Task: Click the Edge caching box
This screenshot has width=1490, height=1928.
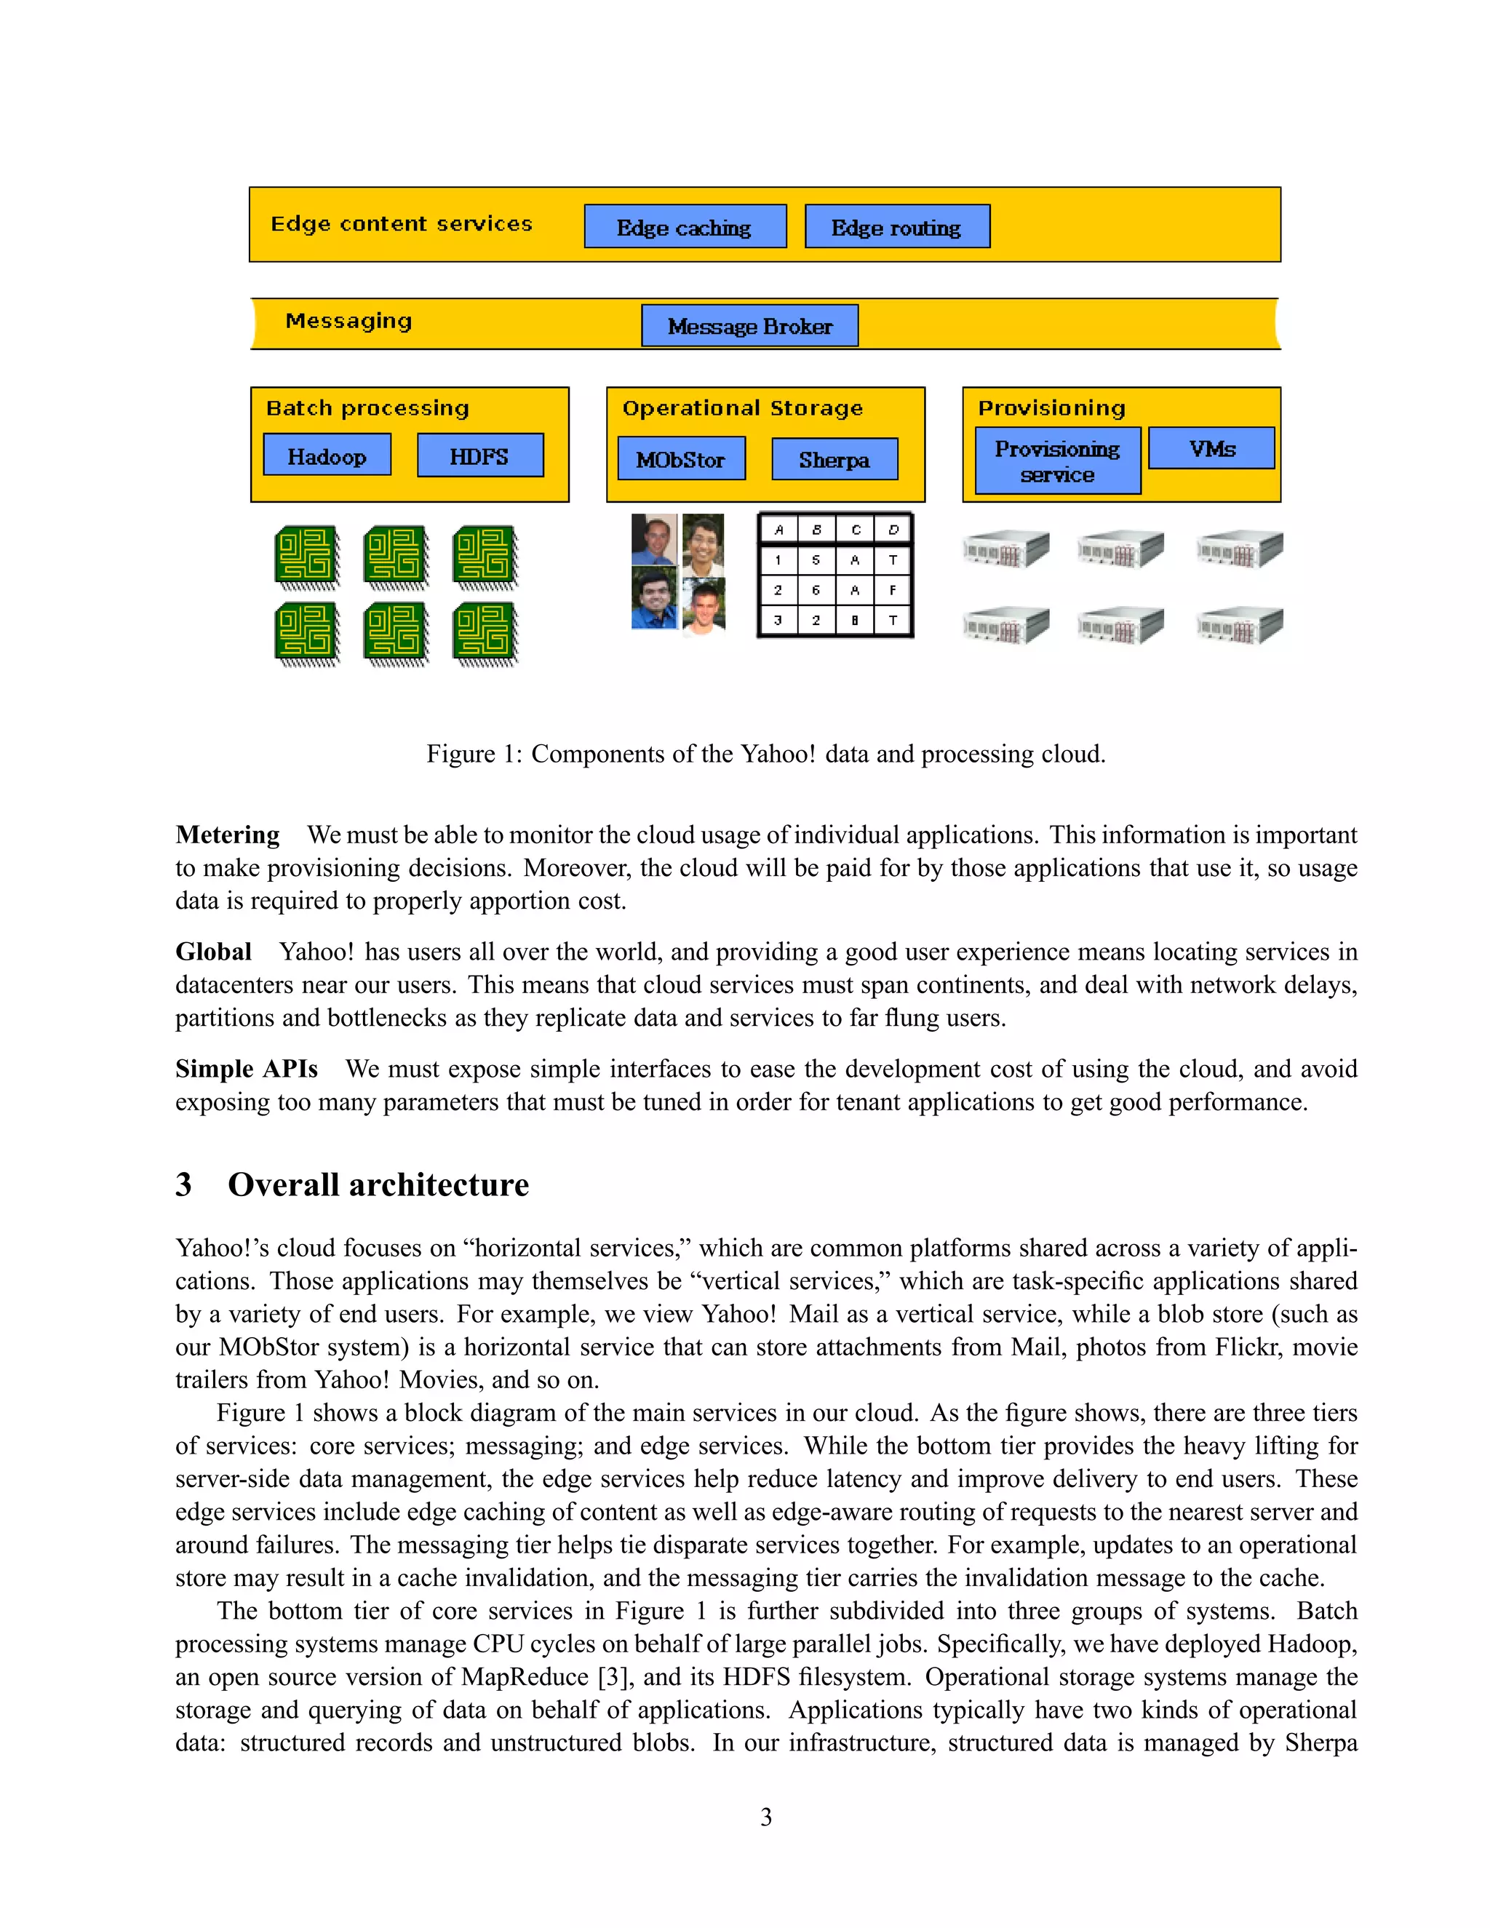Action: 685,227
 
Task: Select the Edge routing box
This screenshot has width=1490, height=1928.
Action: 897,227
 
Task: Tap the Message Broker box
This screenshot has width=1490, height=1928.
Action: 749,326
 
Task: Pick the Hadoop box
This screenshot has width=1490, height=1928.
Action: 327,455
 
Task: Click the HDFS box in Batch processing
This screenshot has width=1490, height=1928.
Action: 479,455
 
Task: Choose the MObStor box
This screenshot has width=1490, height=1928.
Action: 680,459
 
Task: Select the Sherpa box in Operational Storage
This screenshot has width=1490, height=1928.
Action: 834,459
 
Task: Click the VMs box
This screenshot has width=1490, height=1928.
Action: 1211,448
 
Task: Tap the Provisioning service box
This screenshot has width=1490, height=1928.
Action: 1057,461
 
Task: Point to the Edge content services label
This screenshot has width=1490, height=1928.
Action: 402,223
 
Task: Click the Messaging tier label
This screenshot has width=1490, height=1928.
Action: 348,320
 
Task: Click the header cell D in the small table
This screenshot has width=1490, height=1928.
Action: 893,530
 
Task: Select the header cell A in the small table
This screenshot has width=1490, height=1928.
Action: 778,530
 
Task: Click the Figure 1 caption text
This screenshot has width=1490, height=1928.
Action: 765,754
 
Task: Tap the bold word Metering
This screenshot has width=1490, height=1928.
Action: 228,834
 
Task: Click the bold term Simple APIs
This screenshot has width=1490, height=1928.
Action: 247,1069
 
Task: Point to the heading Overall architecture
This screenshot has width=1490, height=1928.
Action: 378,1184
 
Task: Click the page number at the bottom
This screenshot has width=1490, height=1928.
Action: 765,1817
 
